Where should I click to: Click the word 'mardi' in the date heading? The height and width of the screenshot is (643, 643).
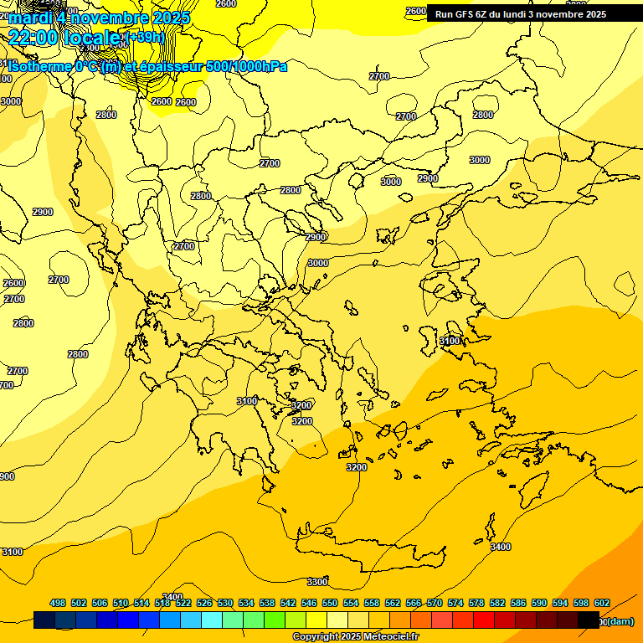32,17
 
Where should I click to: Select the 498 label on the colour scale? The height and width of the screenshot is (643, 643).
58,603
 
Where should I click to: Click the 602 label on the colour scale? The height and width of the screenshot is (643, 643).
602,603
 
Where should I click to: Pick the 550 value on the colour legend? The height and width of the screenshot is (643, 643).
330,603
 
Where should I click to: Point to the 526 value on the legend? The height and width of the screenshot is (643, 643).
204,603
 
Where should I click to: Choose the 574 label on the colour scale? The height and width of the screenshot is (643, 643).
455,603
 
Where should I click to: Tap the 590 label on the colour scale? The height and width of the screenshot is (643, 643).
539,603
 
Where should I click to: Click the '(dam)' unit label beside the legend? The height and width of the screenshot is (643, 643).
619,621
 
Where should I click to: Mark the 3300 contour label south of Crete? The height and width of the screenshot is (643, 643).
317,581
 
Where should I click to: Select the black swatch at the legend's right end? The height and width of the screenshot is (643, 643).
589,620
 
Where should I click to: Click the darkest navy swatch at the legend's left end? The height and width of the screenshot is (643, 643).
44,620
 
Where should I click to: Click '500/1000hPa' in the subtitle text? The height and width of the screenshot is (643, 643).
247,66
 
